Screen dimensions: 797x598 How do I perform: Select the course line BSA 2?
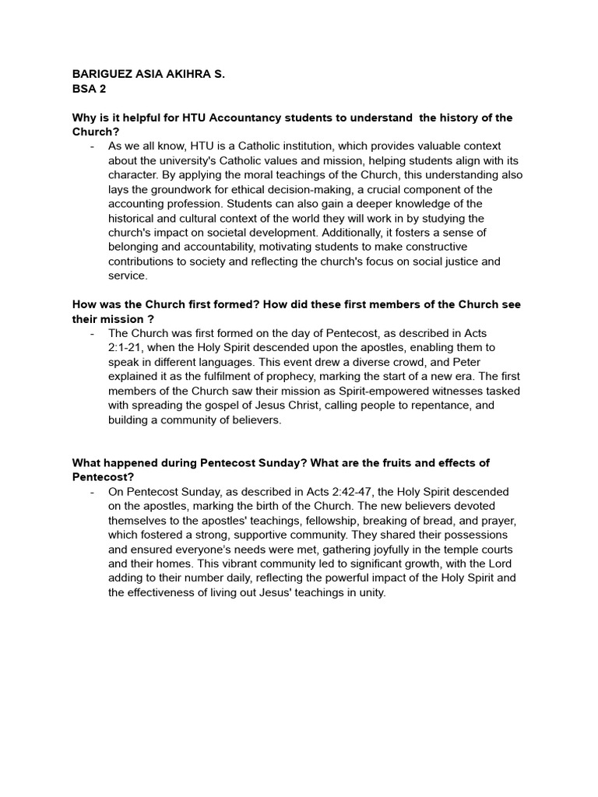coord(89,89)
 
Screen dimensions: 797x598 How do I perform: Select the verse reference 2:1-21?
coord(128,347)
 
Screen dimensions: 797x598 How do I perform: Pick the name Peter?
coord(465,362)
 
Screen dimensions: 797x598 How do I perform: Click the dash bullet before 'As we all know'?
coord(93,146)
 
